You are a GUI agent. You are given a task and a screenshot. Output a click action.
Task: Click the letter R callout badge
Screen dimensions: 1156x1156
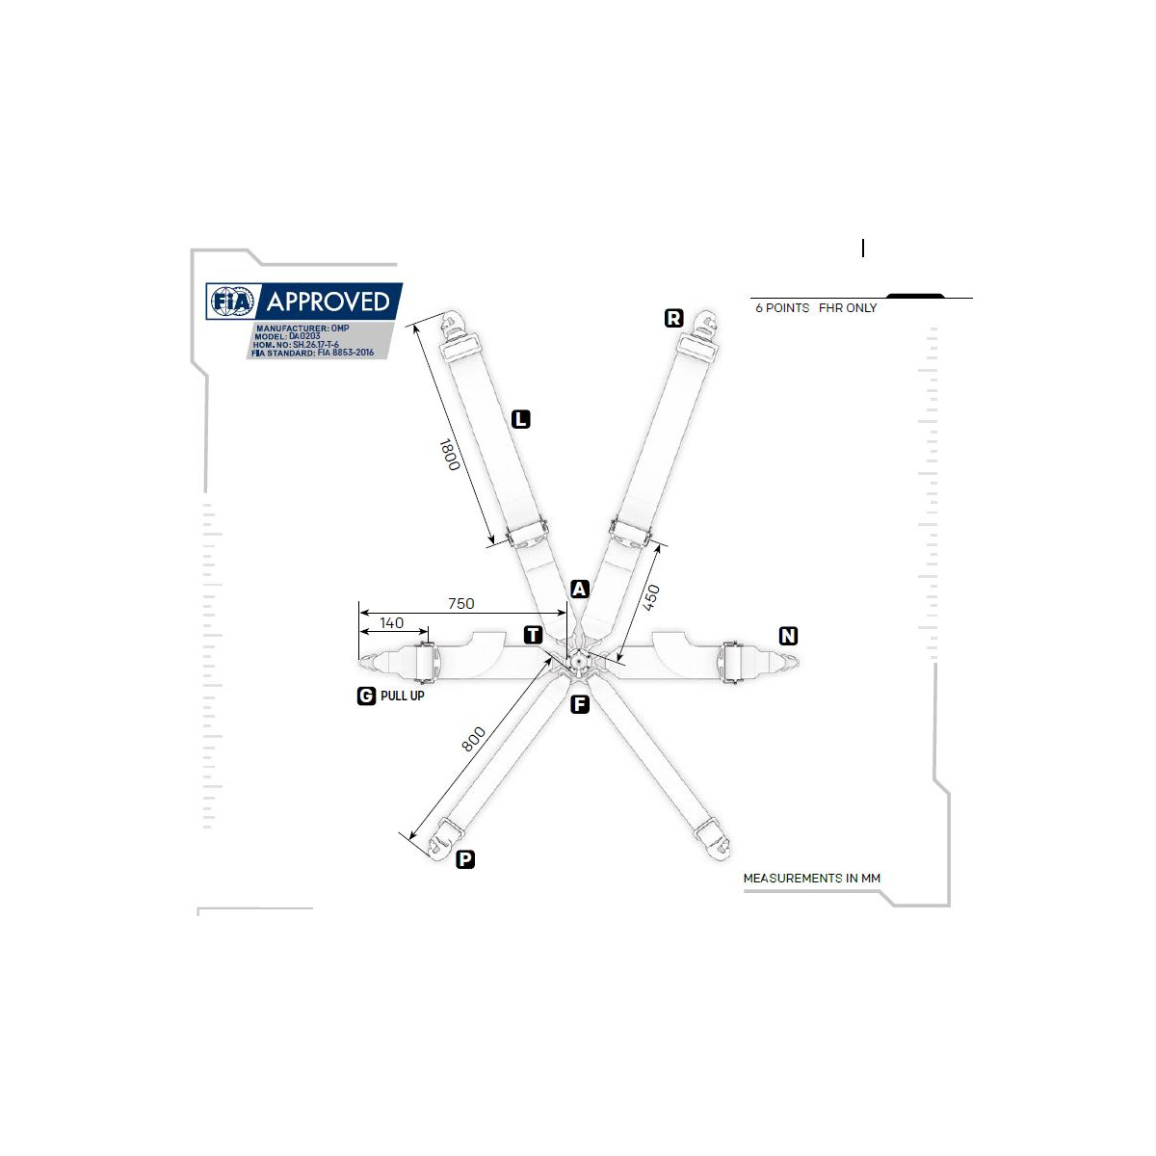(673, 318)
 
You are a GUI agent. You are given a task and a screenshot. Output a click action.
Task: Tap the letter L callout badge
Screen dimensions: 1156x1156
(521, 419)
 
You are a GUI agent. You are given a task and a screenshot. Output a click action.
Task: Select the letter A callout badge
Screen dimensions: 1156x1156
(579, 590)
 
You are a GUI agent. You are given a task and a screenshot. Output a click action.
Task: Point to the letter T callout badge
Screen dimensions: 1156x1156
(533, 635)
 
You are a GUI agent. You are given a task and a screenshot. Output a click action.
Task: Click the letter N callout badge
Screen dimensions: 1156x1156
(788, 635)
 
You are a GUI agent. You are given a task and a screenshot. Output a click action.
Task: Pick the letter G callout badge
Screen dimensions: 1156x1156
(366, 696)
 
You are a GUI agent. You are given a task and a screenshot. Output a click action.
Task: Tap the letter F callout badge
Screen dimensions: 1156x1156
(580, 704)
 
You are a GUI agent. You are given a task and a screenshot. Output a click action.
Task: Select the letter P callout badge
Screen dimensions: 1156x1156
(465, 859)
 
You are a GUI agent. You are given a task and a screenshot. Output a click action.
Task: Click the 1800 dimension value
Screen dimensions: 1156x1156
(449, 455)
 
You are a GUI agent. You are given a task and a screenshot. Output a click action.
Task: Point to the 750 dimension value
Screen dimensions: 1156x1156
(461, 603)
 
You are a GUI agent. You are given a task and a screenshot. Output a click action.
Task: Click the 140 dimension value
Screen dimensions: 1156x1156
(392, 622)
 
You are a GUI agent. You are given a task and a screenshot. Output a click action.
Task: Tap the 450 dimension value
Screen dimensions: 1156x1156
(651, 597)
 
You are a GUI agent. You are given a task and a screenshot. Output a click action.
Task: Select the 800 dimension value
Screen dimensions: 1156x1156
(473, 739)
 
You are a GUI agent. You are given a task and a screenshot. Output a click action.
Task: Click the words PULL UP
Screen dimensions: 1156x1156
(403, 696)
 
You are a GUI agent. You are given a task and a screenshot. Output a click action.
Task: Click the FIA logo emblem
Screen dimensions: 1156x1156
(232, 302)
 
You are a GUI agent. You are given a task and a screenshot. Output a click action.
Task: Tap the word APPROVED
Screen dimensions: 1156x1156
(328, 302)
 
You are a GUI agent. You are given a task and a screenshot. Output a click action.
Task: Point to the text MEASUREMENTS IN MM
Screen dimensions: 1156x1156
(812, 879)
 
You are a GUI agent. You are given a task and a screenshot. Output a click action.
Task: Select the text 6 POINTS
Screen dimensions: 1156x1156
(782, 307)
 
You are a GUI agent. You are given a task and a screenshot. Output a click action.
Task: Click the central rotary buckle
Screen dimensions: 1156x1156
(578, 661)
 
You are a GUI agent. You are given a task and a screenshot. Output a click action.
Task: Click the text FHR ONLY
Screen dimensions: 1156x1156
(848, 307)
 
